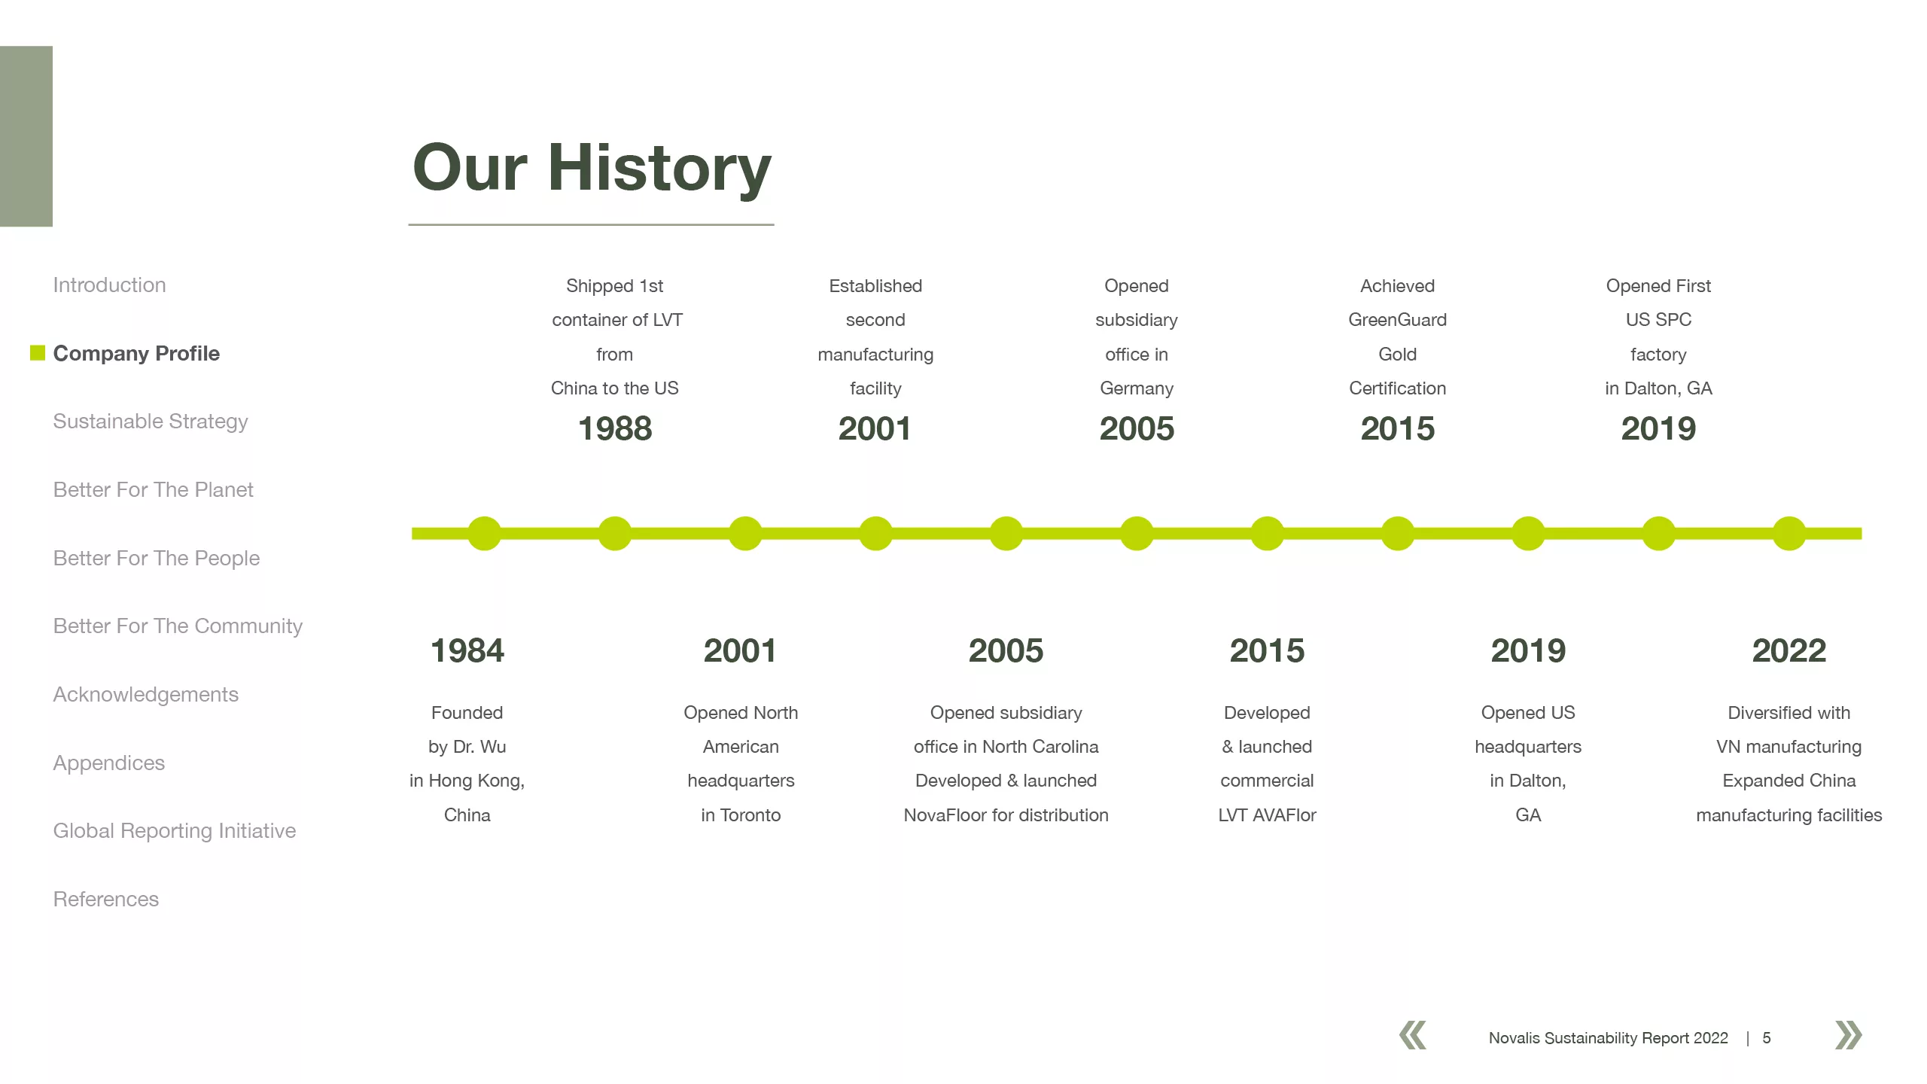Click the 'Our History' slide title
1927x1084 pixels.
592,169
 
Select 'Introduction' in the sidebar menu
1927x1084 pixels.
109,285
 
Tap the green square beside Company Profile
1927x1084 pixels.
38,352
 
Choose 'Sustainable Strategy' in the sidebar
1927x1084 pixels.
151,422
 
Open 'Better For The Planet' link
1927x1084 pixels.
153,490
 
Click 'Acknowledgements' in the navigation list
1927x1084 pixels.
145,695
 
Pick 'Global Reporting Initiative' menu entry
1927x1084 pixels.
175,831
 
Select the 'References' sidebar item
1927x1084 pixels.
106,900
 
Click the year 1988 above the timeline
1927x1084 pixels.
615,429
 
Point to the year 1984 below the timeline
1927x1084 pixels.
467,651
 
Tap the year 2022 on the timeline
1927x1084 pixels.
1789,651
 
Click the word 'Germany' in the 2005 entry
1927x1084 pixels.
1137,389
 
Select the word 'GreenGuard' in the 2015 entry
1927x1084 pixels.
1398,320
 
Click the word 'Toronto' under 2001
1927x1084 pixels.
750,815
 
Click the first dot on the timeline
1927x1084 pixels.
485,534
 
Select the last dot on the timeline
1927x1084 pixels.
1789,534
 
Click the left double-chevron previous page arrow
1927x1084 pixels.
1413,1035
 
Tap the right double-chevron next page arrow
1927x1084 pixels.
1849,1035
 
